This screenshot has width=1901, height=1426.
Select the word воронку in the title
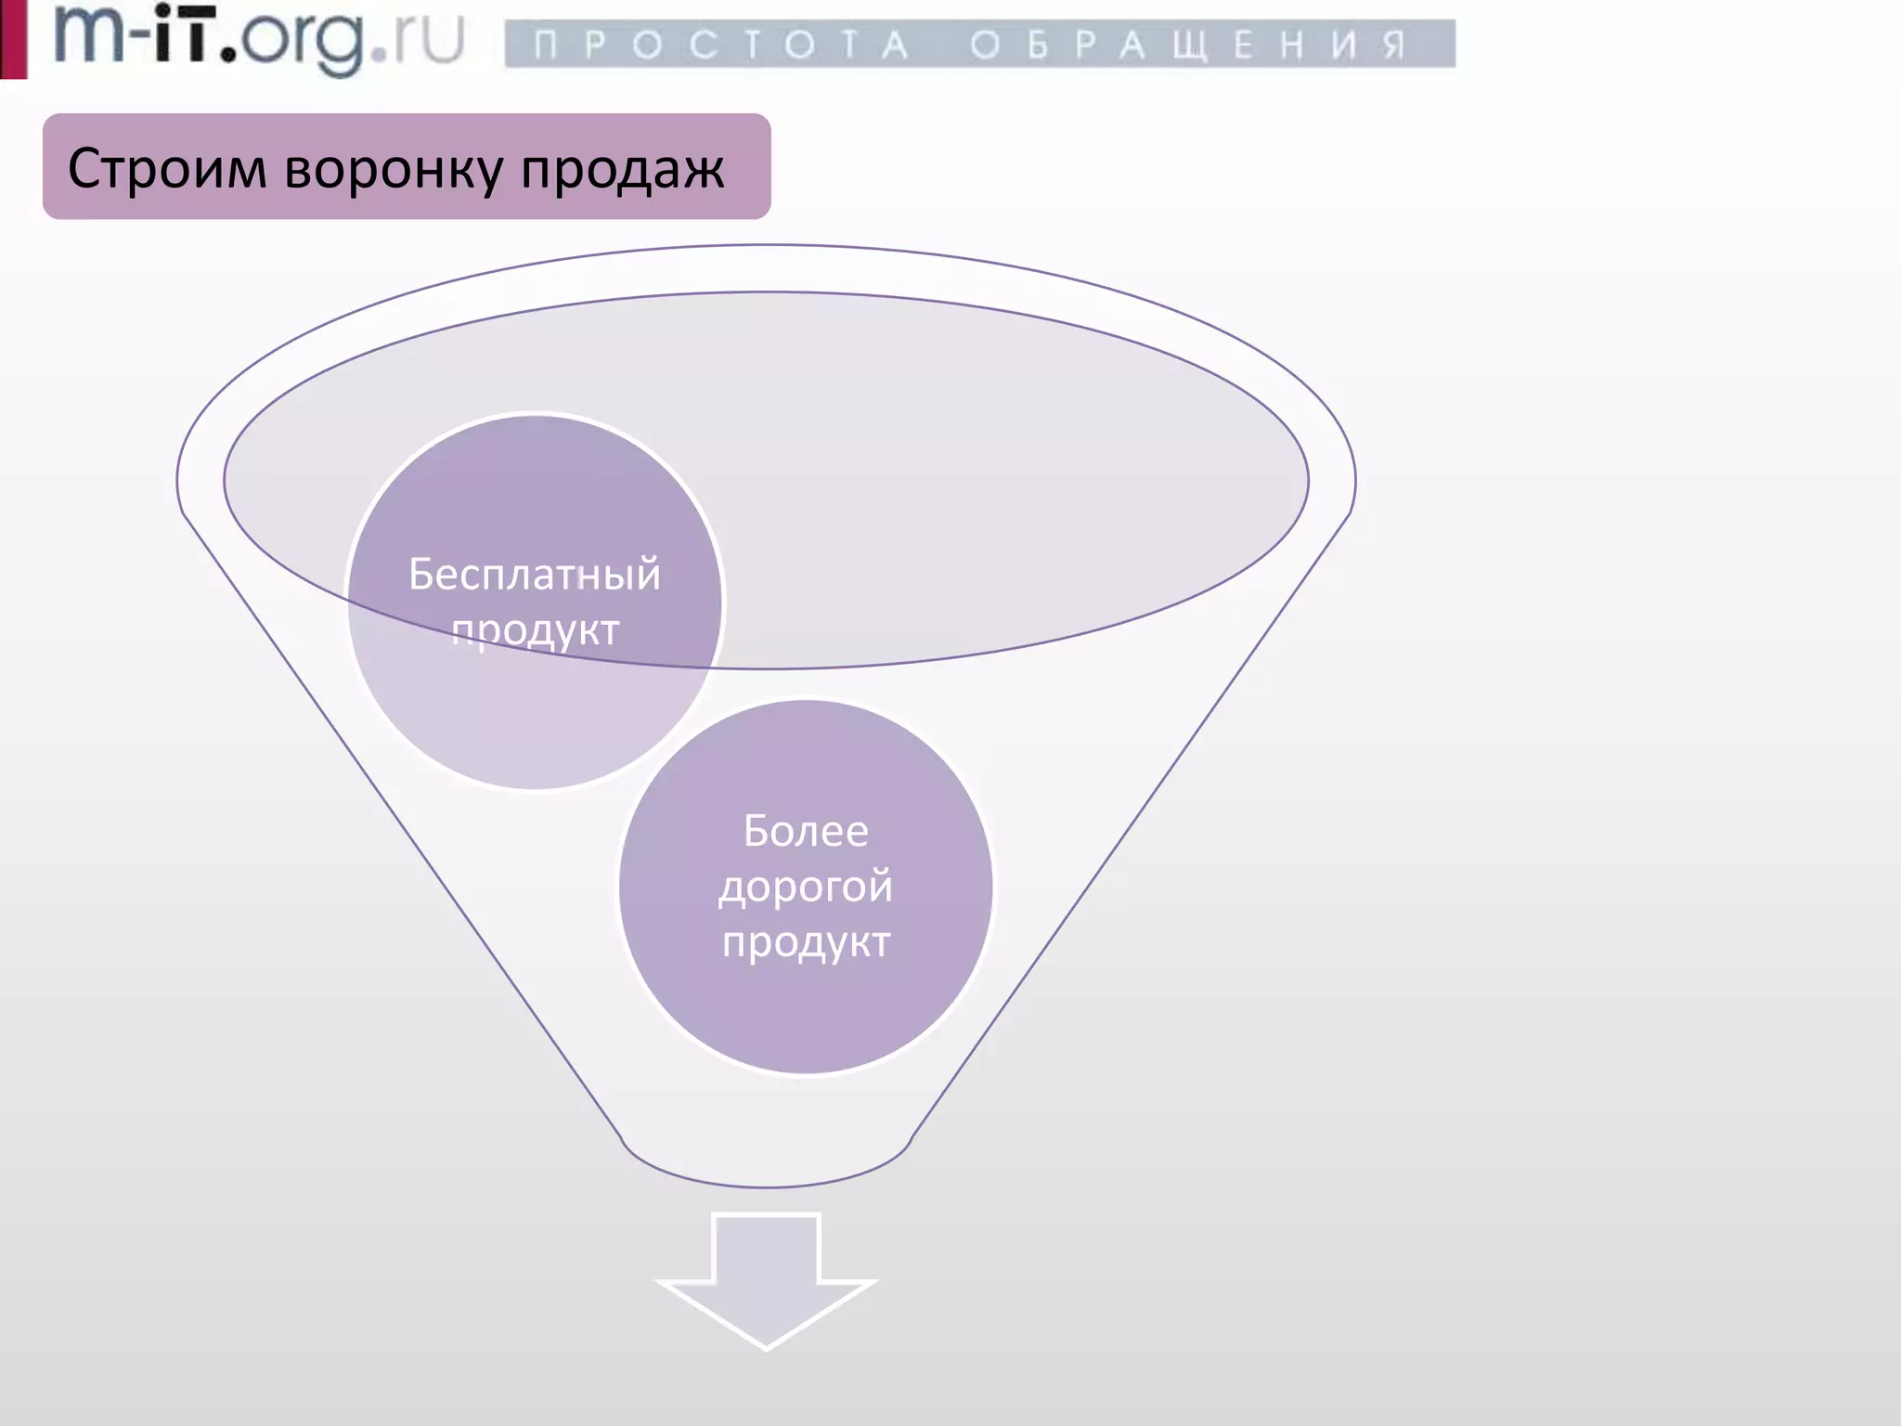pyautogui.click(x=393, y=170)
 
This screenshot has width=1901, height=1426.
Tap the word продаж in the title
pyautogui.click(x=622, y=170)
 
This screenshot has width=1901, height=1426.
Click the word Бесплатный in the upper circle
pyautogui.click(x=535, y=575)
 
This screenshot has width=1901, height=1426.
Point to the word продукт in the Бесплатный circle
pyautogui.click(x=535, y=630)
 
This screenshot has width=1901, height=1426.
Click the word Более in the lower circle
pyautogui.click(x=806, y=831)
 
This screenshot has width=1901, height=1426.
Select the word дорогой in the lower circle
pyautogui.click(x=806, y=887)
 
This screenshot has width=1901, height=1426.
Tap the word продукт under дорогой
pyautogui.click(x=806, y=942)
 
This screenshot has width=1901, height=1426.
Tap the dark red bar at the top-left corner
pyautogui.click(x=13, y=39)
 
